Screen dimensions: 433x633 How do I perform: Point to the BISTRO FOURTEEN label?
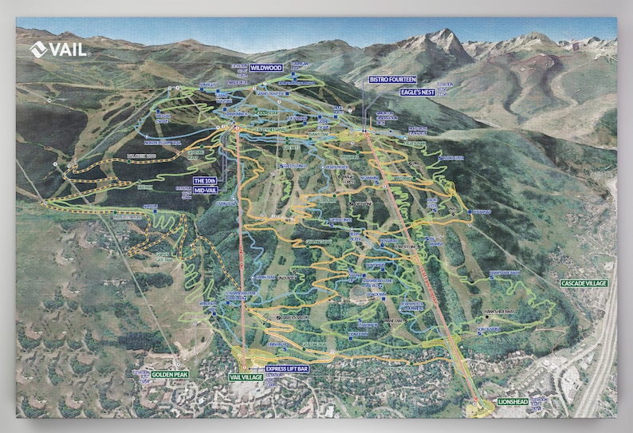click(392, 80)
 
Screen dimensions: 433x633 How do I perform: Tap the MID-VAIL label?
click(206, 191)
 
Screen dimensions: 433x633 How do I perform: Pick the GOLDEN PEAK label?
click(170, 373)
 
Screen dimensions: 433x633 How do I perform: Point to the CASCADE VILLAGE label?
click(584, 283)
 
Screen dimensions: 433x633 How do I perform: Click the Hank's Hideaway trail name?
click(501, 311)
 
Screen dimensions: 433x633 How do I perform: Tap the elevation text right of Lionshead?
click(541, 402)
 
